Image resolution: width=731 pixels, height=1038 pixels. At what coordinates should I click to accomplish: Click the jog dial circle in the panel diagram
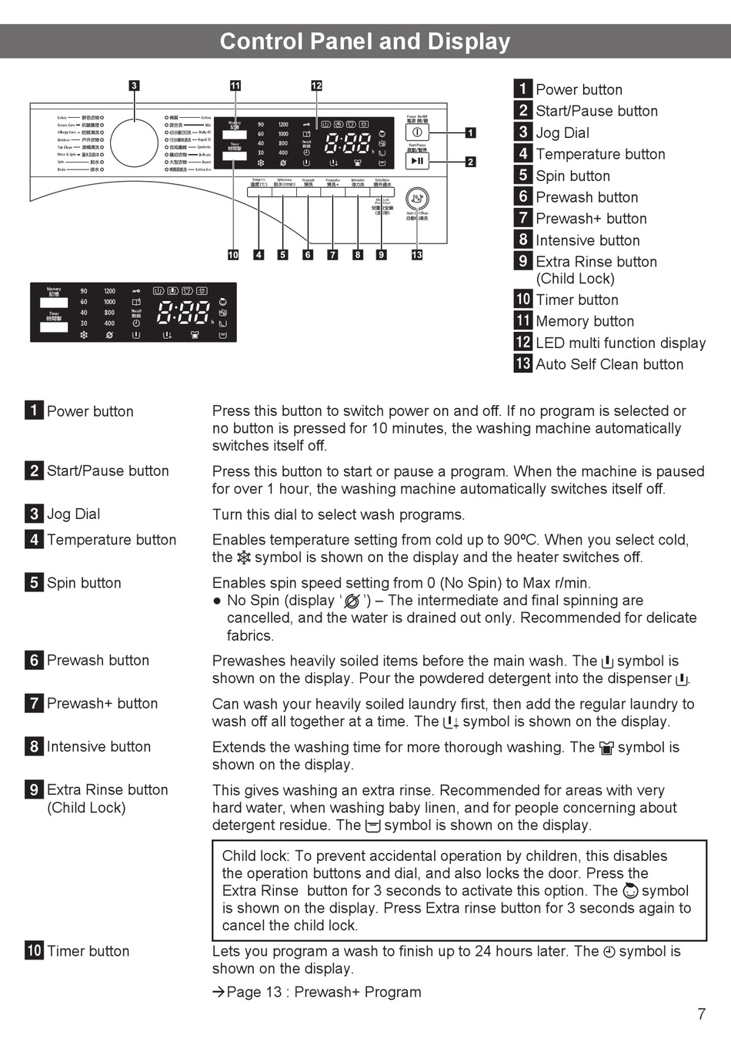click(x=135, y=142)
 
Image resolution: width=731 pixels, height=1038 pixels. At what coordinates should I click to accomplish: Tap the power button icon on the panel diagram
click(x=417, y=132)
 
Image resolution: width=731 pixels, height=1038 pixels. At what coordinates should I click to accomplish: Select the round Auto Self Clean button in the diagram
click(x=417, y=199)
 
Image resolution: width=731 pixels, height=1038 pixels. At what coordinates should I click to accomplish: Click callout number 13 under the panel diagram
click(x=417, y=255)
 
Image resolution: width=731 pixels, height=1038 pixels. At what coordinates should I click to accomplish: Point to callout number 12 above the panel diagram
click(x=316, y=85)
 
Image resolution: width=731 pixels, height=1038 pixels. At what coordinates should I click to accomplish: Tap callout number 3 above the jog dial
click(x=134, y=85)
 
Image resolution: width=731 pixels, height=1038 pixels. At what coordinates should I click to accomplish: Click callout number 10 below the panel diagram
click(x=233, y=255)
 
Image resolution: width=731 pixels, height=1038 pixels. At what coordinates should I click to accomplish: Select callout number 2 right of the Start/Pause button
click(x=470, y=162)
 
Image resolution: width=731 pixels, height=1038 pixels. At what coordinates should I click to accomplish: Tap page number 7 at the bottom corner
click(x=701, y=1014)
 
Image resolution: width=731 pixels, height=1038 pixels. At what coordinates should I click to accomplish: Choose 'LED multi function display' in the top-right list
click(x=620, y=343)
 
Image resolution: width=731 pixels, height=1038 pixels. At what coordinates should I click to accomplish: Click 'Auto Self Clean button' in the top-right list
click(x=609, y=364)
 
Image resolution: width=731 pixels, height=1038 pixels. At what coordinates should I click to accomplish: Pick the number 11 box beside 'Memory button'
click(x=523, y=321)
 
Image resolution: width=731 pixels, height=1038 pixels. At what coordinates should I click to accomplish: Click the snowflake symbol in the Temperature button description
click(x=244, y=558)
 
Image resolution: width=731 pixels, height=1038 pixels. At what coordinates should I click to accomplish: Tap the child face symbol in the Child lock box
click(x=630, y=891)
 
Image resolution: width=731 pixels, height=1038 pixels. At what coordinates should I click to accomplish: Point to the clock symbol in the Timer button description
click(x=609, y=952)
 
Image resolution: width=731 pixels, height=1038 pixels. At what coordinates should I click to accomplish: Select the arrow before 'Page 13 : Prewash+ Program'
click(x=219, y=993)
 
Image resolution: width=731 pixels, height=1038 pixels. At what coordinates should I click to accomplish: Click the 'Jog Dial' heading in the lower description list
click(x=73, y=514)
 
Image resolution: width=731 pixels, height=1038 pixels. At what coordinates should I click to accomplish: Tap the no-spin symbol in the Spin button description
click(x=352, y=601)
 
